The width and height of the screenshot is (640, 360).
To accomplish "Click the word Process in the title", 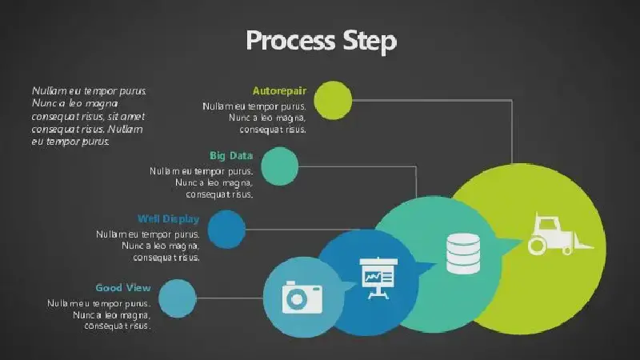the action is pos(290,40).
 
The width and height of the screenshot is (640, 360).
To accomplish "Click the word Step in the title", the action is pos(370,42).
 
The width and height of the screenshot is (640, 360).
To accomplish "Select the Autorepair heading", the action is pos(279,91).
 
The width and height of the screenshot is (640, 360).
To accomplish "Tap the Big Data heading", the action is pos(231,155).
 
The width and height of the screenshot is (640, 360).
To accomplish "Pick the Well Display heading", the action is pos(168,219).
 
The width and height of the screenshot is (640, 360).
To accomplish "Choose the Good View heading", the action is pos(123,288).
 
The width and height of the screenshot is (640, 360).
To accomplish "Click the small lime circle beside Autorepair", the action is pos(333,100).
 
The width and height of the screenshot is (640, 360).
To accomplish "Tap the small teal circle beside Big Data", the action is pos(279,166).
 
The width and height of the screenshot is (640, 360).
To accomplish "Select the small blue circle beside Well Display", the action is pos(226,230).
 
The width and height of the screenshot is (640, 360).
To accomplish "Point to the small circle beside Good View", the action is pos(177,298).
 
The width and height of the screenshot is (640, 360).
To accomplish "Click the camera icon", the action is pos(302,298).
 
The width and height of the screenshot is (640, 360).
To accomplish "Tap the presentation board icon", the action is pos(378,278).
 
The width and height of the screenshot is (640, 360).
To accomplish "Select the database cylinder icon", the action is pos(463,254).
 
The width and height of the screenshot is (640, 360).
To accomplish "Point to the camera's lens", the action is pos(297,299).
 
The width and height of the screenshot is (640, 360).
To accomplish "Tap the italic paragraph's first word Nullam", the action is pos(47,91).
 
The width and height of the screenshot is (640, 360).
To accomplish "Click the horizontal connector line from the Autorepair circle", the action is pos(432,100).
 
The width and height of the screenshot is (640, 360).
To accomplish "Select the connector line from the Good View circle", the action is pos(230,298).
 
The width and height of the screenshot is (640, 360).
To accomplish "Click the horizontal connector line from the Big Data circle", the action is pos(358,166).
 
